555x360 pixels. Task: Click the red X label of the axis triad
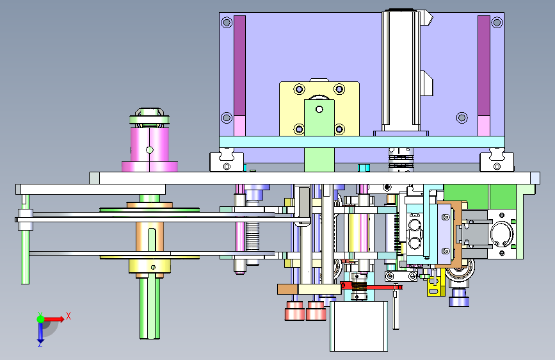click(68, 316)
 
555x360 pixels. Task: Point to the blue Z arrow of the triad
click(40, 333)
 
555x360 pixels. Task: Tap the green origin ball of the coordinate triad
click(41, 319)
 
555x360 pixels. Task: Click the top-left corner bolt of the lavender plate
click(227, 22)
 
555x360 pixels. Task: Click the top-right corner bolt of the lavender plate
click(497, 22)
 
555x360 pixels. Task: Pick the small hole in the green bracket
click(319, 109)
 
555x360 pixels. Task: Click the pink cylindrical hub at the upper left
click(150, 145)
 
